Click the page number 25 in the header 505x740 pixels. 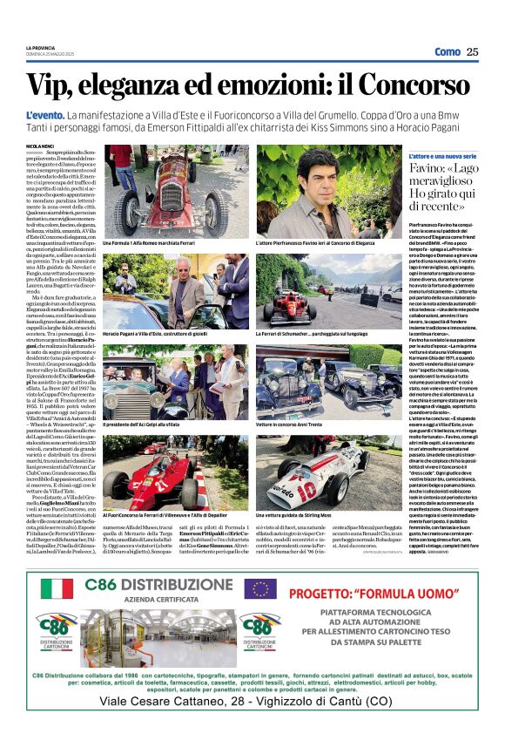472,52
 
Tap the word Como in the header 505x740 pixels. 447,52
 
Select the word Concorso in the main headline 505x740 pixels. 418,85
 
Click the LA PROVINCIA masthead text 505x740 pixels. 40,48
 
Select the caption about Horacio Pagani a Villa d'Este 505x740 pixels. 150,334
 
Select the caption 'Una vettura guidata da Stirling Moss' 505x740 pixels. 300,515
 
